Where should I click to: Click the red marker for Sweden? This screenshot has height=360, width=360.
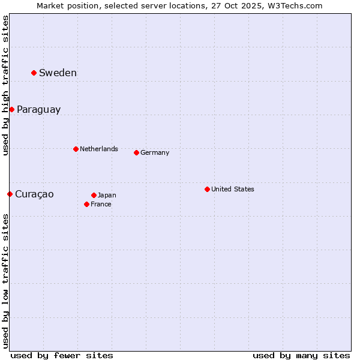(34, 73)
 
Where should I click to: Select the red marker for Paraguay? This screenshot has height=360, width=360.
(11, 109)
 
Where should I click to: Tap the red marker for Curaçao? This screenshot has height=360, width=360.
(10, 194)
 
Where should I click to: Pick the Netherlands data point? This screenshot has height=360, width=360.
(76, 149)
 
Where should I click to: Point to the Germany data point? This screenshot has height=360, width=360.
(136, 152)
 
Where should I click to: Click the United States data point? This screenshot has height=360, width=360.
(207, 189)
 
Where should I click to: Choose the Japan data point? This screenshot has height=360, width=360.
(94, 195)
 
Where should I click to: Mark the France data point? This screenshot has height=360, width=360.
(86, 204)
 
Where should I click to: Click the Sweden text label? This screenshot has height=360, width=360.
(58, 73)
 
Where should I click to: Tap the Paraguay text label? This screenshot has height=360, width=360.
(38, 110)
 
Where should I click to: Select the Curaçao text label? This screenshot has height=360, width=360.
(34, 194)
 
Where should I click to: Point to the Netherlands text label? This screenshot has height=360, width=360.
(98, 149)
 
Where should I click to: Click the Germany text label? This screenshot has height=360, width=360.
(155, 152)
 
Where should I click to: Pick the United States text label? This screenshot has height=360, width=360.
(232, 189)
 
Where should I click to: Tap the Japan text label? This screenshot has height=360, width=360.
(107, 195)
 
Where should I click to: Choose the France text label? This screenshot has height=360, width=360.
(101, 204)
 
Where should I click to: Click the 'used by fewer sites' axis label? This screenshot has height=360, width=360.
(62, 355)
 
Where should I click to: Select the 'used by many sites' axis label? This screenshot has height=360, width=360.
(301, 355)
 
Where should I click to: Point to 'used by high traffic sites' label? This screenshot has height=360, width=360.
(5, 85)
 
